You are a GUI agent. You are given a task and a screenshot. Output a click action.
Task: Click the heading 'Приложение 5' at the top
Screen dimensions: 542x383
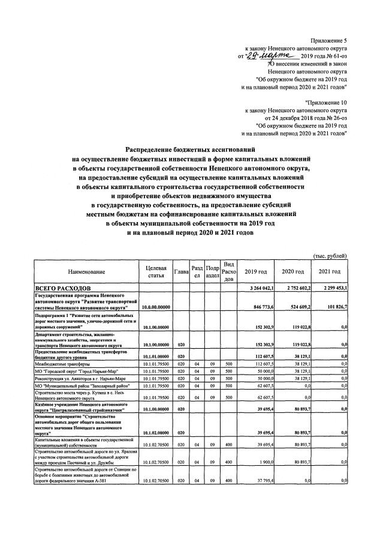(x=329, y=39)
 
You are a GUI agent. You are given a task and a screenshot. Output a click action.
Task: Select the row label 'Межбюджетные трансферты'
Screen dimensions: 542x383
(x=63, y=364)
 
